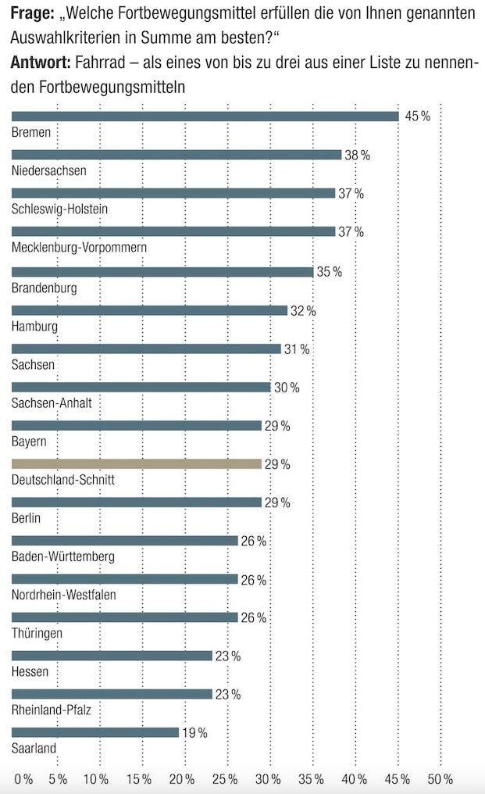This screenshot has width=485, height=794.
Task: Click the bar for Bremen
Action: tap(205, 116)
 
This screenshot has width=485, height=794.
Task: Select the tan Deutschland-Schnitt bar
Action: tap(137, 464)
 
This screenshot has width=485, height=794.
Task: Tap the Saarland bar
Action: tap(95, 732)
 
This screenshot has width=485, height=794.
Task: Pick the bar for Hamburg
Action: tap(149, 310)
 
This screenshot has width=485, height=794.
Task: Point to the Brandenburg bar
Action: tap(162, 272)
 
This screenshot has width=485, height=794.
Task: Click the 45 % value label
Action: tap(417, 116)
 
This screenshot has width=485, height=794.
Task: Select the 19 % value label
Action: tap(194, 732)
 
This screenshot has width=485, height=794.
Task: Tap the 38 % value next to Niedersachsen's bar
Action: tap(357, 156)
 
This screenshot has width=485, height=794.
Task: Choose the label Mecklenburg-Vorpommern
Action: tap(80, 248)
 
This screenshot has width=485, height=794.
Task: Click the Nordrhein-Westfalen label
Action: tap(64, 595)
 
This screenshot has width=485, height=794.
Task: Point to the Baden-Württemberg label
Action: tap(63, 556)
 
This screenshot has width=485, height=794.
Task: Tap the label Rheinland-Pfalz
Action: tap(51, 710)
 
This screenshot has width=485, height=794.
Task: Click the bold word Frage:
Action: tap(32, 16)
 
